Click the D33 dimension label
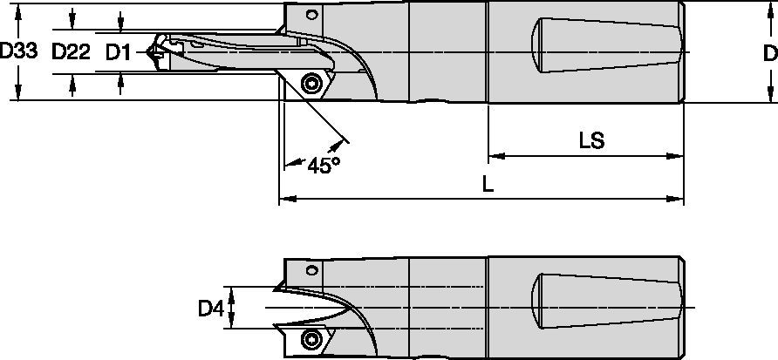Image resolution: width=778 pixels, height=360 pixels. pos(18,52)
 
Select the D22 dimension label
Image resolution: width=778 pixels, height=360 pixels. pos(71,52)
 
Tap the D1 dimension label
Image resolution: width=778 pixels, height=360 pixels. pos(119,52)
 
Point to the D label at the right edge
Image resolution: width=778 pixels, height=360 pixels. pos(769,53)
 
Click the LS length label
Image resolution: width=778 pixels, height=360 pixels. pos(591,140)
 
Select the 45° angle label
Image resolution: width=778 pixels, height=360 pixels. pos(322,165)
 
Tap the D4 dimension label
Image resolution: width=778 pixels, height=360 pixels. pos(210,308)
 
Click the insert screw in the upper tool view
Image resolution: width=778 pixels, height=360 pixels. pos(310,84)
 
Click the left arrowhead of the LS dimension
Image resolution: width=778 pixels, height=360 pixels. pos(494,157)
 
